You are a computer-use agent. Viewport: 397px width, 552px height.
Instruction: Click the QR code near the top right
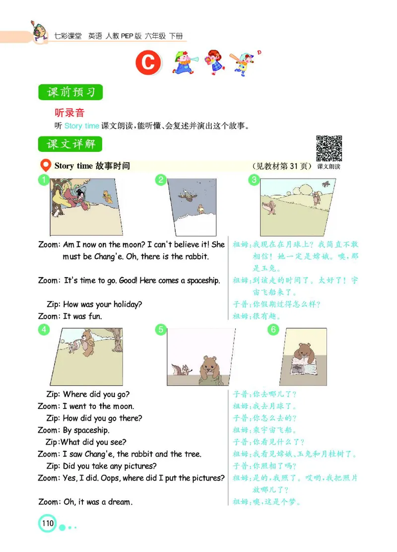pyautogui.click(x=329, y=148)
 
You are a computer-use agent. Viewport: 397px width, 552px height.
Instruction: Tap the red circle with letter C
pyautogui.click(x=149, y=64)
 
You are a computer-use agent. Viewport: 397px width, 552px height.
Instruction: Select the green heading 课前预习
pyautogui.click(x=70, y=92)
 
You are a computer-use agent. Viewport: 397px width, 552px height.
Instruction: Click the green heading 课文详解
pyautogui.click(x=70, y=144)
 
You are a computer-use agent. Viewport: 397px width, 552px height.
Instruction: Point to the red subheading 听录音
pyautogui.click(x=69, y=113)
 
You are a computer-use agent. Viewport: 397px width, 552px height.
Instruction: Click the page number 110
pyautogui.click(x=48, y=523)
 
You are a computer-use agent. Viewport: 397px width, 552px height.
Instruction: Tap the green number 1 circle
pyautogui.click(x=44, y=180)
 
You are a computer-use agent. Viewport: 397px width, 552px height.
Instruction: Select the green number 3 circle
pyautogui.click(x=254, y=180)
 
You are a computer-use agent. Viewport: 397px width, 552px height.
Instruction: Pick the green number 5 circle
pyautogui.click(x=160, y=329)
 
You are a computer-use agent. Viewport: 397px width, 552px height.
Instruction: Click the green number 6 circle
pyautogui.click(x=273, y=329)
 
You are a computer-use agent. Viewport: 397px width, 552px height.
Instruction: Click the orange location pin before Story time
pyautogui.click(x=45, y=165)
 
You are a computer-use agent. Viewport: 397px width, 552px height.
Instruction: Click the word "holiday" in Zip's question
pyautogui.click(x=131, y=304)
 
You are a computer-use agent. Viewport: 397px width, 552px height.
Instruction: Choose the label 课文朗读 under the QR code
pyautogui.click(x=329, y=166)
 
